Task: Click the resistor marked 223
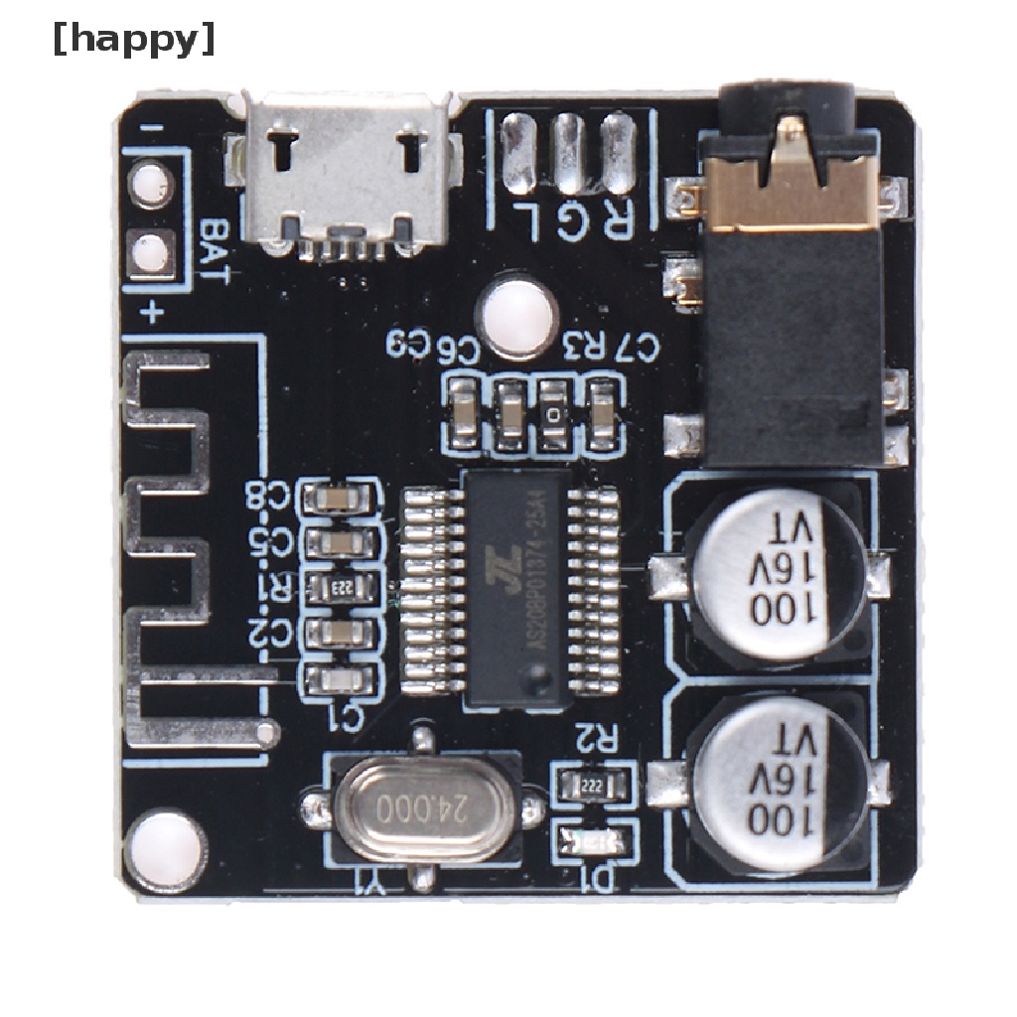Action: [341, 588]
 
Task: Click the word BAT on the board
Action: [214, 247]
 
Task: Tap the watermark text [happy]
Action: [133, 40]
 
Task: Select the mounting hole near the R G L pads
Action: [516, 316]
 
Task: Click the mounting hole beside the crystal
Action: [165, 850]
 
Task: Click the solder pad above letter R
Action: [618, 154]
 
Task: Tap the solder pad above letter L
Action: [518, 154]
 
